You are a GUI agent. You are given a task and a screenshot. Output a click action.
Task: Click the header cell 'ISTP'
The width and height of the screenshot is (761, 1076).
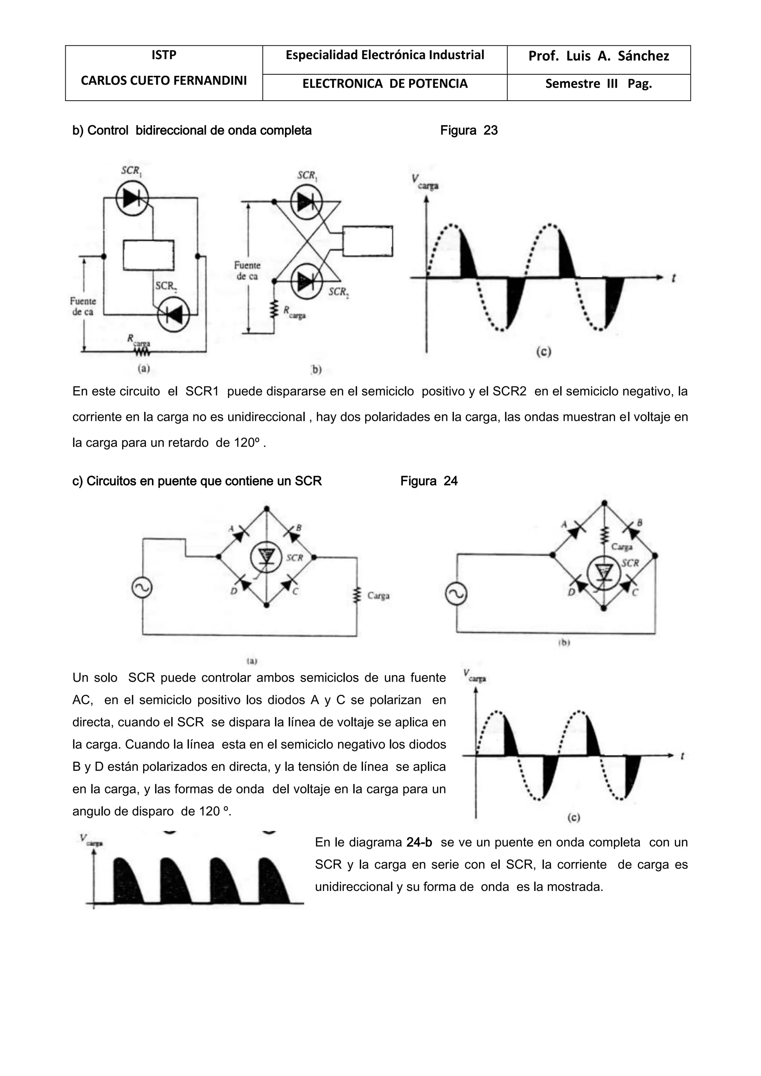[x=163, y=55]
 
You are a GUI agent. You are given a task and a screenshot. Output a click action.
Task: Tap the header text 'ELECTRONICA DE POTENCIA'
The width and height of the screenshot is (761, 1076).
[x=385, y=84]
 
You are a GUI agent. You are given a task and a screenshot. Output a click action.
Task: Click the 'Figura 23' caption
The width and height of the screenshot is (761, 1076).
[x=469, y=130]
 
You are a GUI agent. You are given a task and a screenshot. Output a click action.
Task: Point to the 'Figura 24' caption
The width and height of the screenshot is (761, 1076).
[x=429, y=481]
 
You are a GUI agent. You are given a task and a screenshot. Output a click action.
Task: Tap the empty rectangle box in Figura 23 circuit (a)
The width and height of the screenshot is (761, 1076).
[x=149, y=255]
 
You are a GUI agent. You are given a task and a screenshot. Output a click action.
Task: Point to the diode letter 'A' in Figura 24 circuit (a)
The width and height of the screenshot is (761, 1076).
[x=231, y=528]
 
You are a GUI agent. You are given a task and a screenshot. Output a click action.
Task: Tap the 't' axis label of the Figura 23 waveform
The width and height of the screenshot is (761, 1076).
[x=673, y=278]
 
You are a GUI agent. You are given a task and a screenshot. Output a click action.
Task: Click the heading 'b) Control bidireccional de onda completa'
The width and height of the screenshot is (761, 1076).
[x=192, y=130]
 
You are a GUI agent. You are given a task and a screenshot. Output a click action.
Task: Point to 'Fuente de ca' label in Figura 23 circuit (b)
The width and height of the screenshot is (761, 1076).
[x=247, y=271]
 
